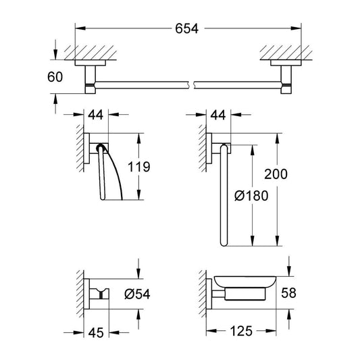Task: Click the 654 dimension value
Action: [186, 28]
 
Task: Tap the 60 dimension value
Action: [55, 77]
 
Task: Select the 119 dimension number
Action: [139, 167]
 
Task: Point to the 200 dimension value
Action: [276, 174]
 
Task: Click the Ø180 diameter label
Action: [251, 196]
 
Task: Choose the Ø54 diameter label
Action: [137, 294]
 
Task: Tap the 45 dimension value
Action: [96, 332]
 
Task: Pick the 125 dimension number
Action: [241, 331]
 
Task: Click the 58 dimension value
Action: [288, 293]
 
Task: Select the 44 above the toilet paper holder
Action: [96, 115]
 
